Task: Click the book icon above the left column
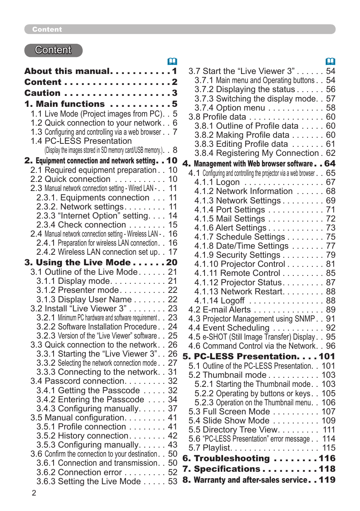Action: click(x=172, y=62)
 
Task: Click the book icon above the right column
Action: click(x=330, y=62)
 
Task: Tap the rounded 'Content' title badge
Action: click(x=53, y=50)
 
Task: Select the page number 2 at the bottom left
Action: click(x=34, y=493)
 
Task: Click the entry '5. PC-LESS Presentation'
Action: click(x=241, y=356)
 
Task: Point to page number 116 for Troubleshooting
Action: click(x=327, y=458)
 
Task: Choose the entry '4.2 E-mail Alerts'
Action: click(x=220, y=309)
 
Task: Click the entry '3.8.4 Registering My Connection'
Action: click(x=257, y=153)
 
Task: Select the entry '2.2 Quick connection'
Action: click(x=71, y=179)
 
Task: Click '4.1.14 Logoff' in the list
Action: click(x=220, y=300)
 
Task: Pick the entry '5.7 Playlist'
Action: click(x=210, y=448)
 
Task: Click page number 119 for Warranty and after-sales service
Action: click(x=327, y=480)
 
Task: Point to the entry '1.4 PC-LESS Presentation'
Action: click(x=81, y=141)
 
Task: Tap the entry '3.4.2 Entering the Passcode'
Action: click(x=90, y=399)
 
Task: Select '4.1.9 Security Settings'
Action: click(x=237, y=255)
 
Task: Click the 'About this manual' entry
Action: click(x=67, y=71)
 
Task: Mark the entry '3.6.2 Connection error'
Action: click(x=79, y=472)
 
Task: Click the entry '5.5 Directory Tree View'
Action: click(x=234, y=429)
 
